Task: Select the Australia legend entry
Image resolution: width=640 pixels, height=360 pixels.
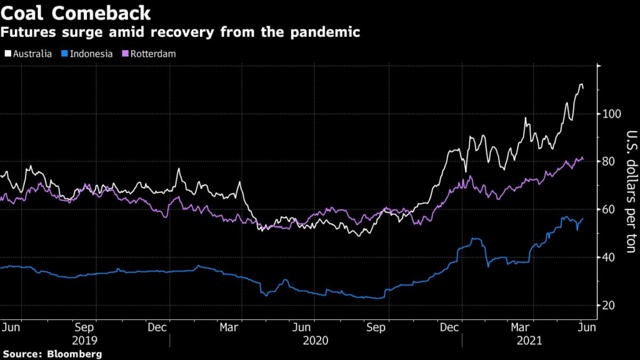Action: pyautogui.click(x=31, y=54)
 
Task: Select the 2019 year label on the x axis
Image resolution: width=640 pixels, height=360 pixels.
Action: pyautogui.click(x=84, y=341)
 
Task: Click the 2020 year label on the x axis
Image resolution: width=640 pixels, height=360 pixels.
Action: pyautogui.click(x=314, y=341)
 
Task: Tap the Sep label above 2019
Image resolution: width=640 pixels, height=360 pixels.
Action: pyautogui.click(x=84, y=327)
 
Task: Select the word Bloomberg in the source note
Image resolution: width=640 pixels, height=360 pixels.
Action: pyautogui.click(x=75, y=354)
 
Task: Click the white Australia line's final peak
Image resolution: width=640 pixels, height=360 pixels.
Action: pyautogui.click(x=581, y=84)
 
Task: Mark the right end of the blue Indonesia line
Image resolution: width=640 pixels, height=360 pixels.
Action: pyautogui.click(x=583, y=219)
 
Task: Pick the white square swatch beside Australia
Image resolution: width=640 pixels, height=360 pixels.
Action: pyautogui.click(x=7, y=54)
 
